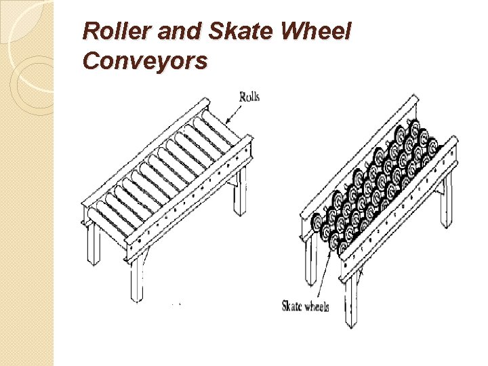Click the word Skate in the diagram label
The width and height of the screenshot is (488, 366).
tap(293, 306)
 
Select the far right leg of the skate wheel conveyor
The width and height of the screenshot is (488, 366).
tap(445, 203)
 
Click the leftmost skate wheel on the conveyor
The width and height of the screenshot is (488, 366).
tap(317, 222)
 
